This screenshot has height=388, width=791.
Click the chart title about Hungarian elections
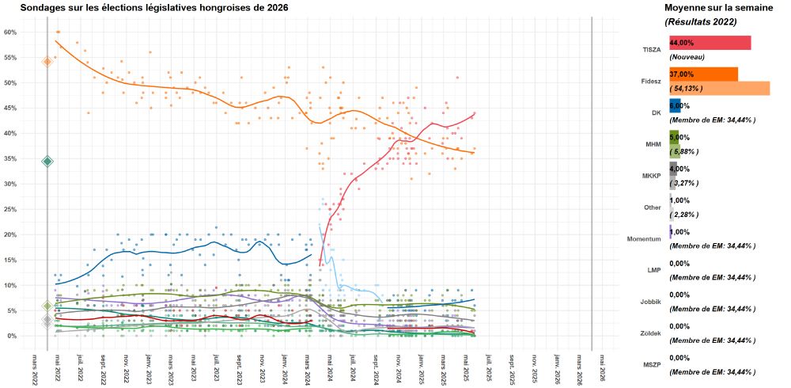point(154,7)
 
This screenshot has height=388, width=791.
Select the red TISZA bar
point(710,43)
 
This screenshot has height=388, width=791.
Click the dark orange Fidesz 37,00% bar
point(703,74)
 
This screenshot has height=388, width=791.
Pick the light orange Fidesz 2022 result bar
point(719,88)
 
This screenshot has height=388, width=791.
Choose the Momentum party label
point(645,238)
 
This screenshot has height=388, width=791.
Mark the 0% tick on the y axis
point(12,336)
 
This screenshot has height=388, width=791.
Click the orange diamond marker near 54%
point(47,61)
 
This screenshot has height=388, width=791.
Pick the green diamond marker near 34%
point(47,162)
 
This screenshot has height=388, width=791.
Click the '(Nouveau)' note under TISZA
point(687,57)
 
